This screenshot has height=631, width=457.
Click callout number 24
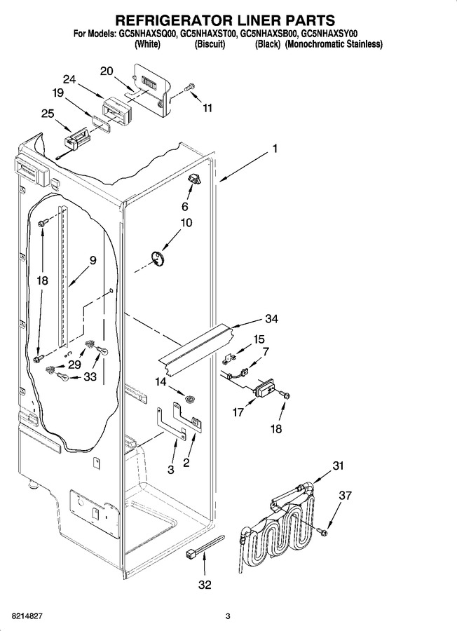tap(69, 79)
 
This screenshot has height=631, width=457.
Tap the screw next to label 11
tap(189, 86)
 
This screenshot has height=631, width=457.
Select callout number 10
tap(186, 222)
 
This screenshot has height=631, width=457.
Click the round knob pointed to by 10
tap(157, 258)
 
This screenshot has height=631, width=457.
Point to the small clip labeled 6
tap(195, 178)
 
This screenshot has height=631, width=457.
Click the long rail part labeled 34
tap(197, 347)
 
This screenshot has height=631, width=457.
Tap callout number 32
tap(205, 585)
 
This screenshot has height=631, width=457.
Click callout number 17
tap(238, 413)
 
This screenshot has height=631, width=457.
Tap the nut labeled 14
tap(189, 399)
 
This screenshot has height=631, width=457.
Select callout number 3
tap(171, 470)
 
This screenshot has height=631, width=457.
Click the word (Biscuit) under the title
tap(210, 44)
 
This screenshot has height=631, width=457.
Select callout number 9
tap(93, 260)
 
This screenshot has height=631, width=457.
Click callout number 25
tap(48, 114)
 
